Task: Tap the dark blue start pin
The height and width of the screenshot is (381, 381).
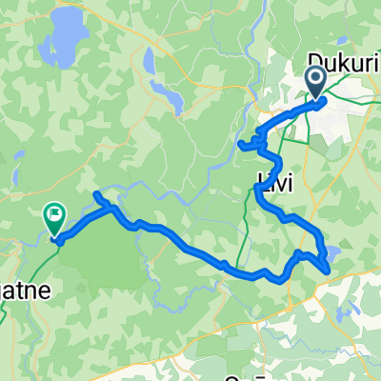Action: [315, 80]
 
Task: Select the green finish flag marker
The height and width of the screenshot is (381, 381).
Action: [54, 219]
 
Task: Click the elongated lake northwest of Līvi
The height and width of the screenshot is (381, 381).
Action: [169, 95]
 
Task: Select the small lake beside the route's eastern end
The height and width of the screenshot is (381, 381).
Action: [333, 253]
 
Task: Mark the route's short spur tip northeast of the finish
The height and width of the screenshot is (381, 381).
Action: [96, 195]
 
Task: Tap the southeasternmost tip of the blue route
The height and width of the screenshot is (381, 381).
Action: [328, 271]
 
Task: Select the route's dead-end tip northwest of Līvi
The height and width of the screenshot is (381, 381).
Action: [239, 146]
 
